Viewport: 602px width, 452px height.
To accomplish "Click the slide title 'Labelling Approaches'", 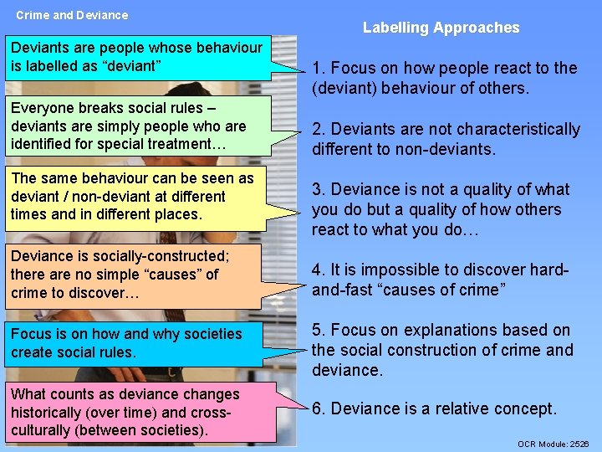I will (441, 28).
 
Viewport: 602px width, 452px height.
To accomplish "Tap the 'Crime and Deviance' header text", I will (72, 15).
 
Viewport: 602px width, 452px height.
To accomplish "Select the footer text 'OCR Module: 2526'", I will (553, 444).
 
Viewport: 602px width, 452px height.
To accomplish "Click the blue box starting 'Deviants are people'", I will (137, 57).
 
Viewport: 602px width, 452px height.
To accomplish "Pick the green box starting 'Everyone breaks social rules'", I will (137, 126).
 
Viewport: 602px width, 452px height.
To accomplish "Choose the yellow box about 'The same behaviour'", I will (134, 197).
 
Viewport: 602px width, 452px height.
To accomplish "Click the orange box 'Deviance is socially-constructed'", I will (134, 275).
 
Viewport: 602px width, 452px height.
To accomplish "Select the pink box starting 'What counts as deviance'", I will (137, 412).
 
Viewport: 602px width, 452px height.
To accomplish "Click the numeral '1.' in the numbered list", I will (319, 69).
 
